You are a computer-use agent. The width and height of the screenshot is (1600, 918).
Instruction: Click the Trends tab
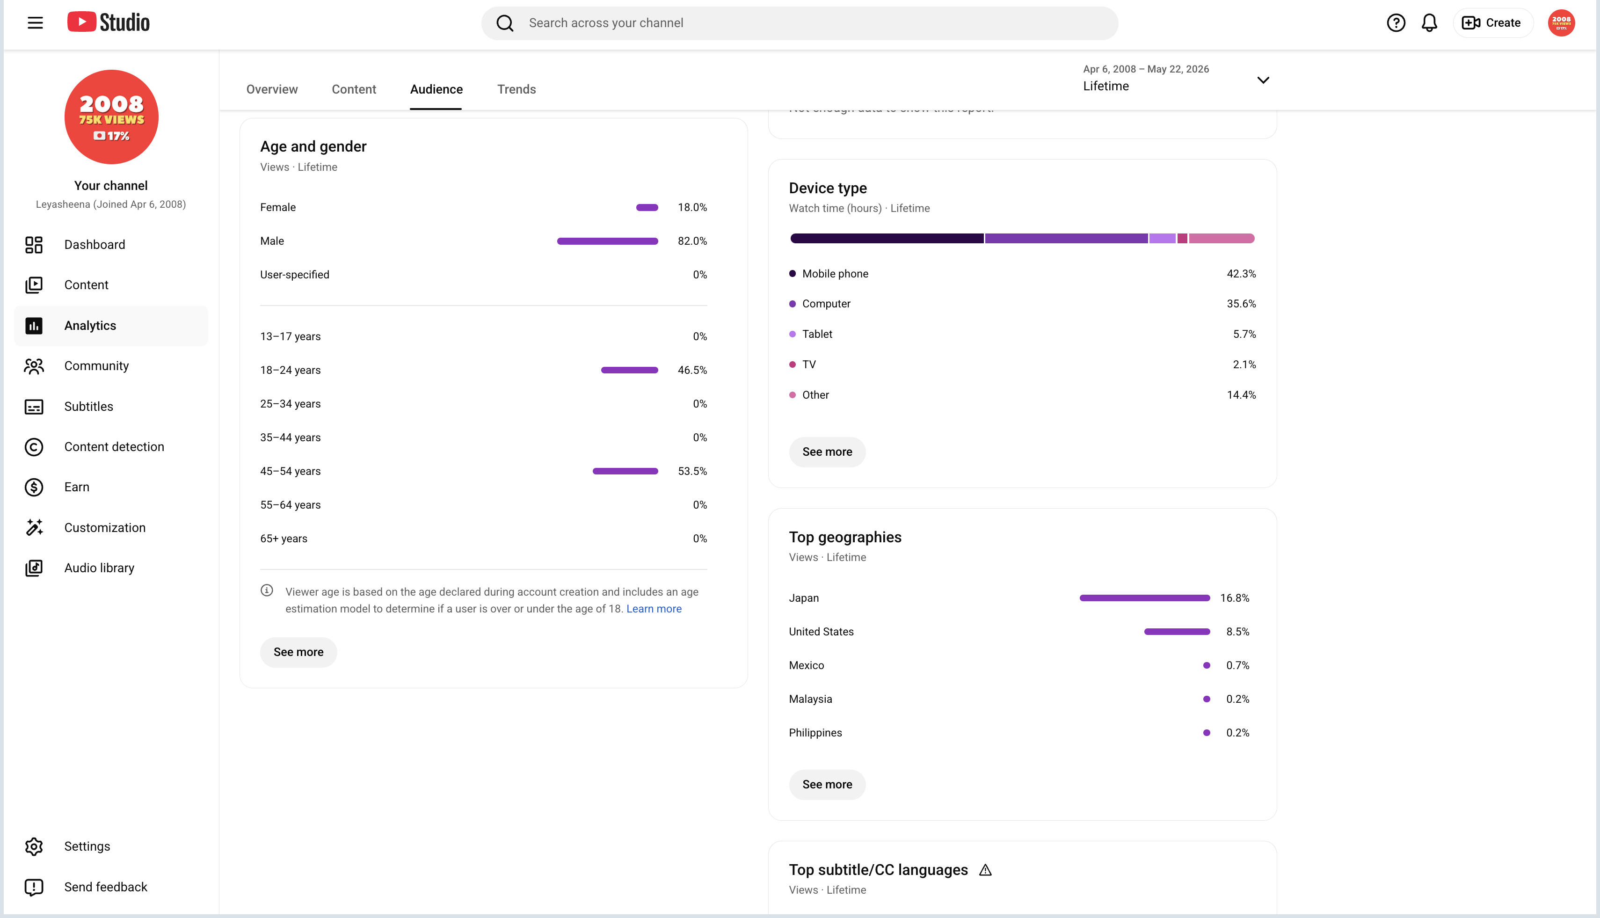click(516, 89)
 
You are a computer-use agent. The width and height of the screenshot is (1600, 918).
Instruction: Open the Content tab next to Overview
click(354, 89)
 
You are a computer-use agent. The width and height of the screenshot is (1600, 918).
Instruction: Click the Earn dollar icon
click(34, 488)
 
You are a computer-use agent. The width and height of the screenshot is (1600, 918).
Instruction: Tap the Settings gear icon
click(34, 846)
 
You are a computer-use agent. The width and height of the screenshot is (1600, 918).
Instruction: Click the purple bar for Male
click(608, 241)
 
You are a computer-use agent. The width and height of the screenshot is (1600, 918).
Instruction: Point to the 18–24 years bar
click(630, 370)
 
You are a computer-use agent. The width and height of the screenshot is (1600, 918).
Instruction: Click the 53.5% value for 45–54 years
click(692, 471)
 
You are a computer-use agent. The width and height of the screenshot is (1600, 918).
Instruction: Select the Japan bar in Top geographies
click(1145, 597)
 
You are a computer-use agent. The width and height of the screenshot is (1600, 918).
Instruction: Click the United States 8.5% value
click(1237, 632)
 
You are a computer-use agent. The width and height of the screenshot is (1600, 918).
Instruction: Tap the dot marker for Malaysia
click(1207, 699)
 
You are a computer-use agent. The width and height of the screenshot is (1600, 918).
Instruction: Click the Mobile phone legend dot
click(793, 274)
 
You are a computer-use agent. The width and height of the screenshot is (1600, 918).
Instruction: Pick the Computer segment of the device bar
click(1066, 238)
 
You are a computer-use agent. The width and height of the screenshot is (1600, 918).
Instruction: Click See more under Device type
click(827, 452)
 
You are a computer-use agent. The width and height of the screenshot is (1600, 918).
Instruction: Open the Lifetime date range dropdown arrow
click(1263, 80)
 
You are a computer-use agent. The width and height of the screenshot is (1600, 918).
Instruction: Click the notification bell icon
click(1429, 23)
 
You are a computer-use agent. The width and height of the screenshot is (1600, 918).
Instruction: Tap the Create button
click(1491, 23)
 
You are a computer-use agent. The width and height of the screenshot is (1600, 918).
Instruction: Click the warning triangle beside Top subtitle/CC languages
click(985, 870)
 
